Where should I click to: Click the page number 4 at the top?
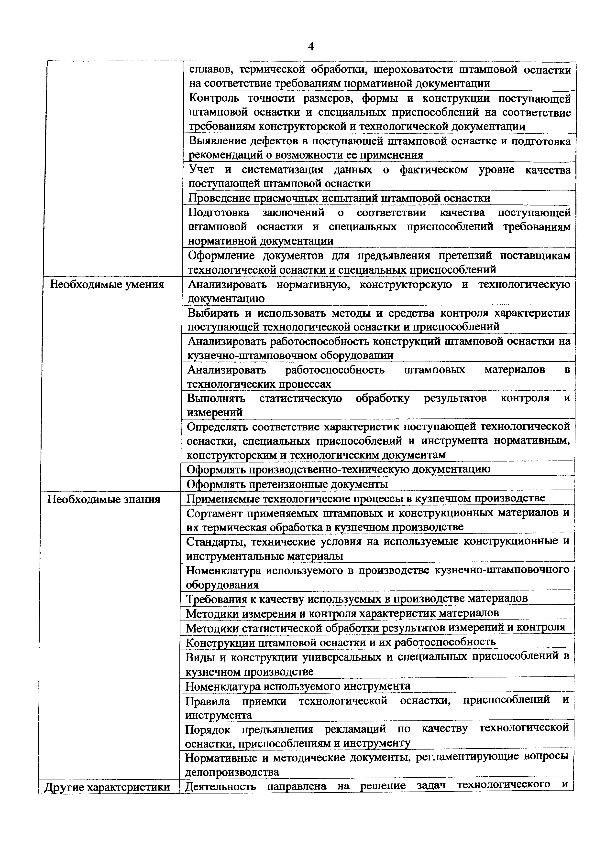coord(311,47)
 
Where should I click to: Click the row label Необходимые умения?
coord(107,285)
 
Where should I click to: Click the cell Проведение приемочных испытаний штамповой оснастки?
coord(339,198)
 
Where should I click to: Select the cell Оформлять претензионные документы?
coord(287,484)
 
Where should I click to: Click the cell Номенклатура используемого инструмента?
coord(298,686)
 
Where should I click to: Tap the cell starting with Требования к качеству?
coord(357,599)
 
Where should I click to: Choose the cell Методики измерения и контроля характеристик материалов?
coord(342,613)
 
